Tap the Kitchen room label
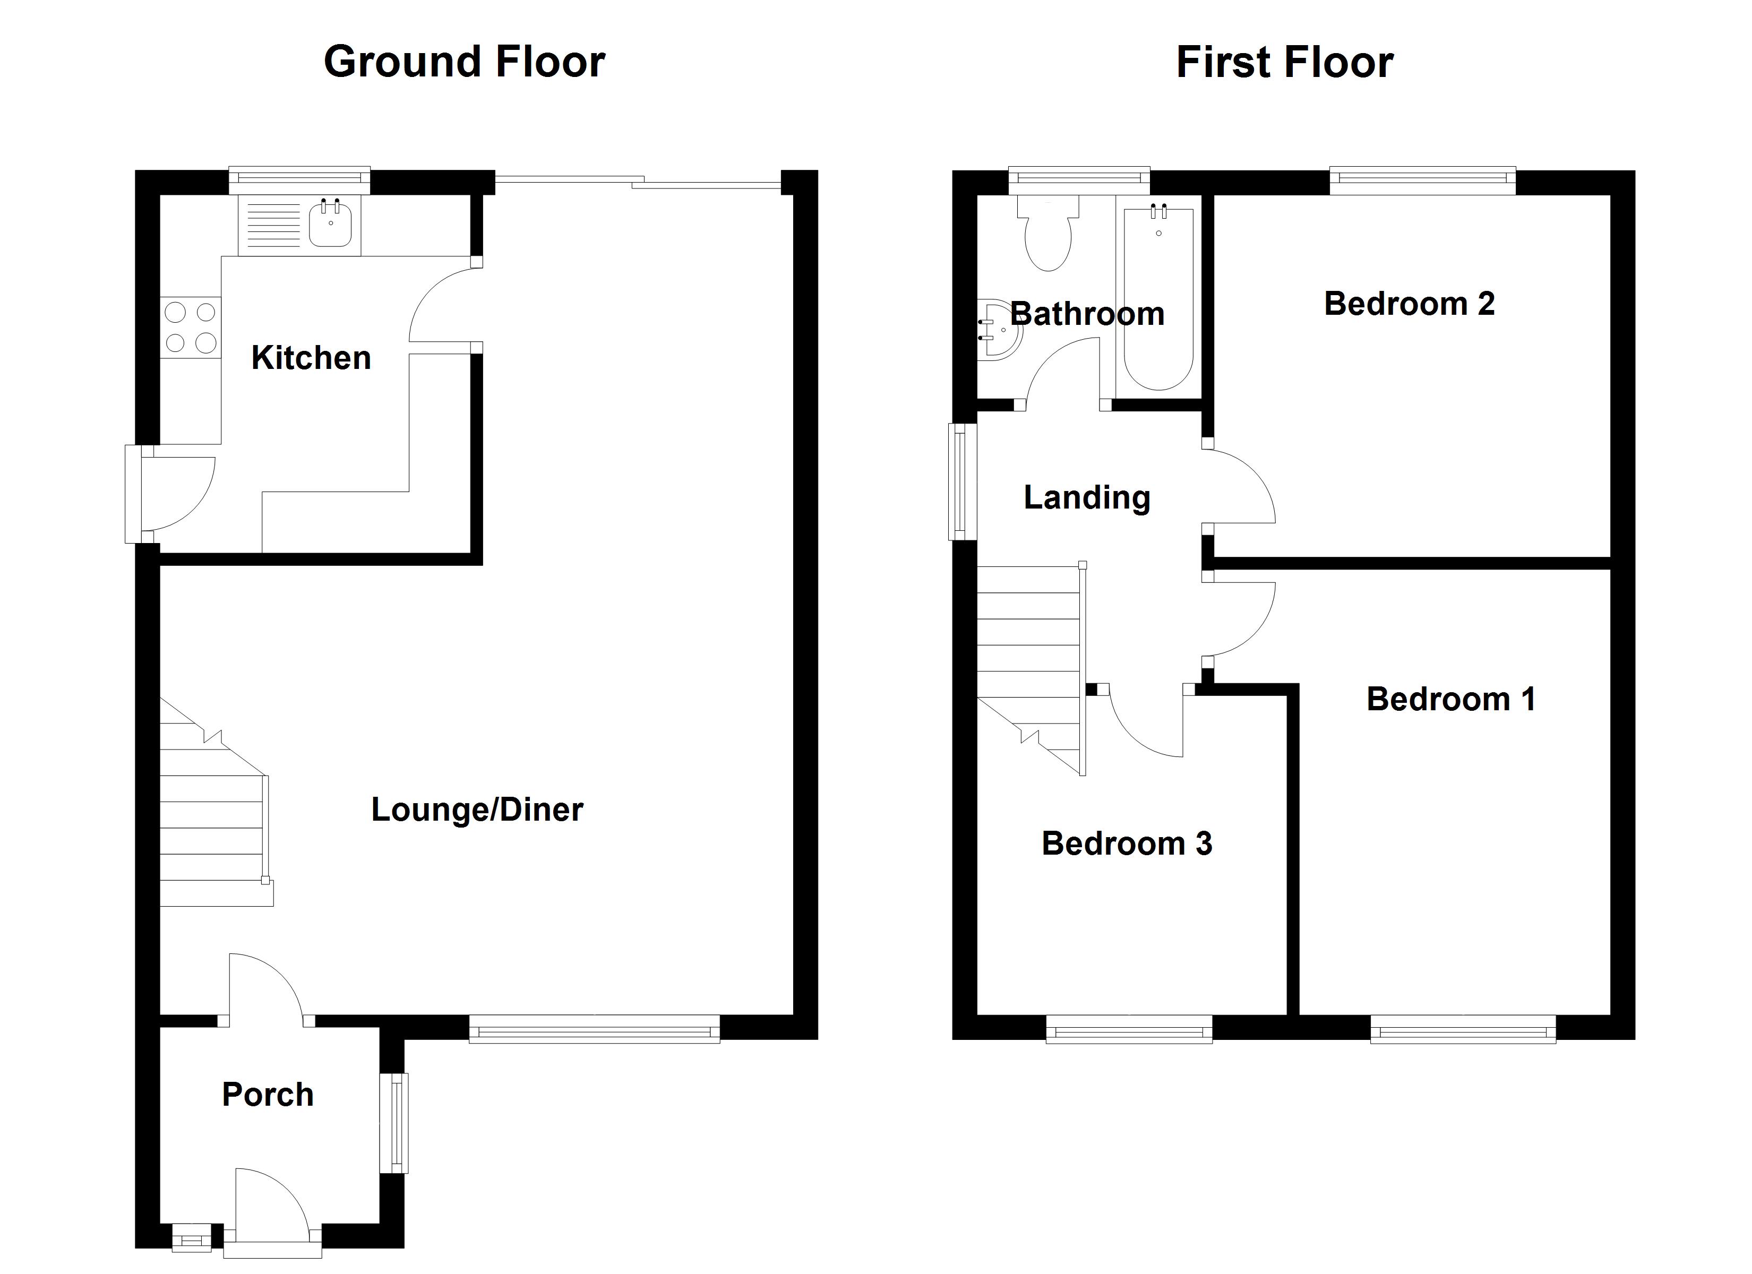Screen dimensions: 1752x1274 [311, 358]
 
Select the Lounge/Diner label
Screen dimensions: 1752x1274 [477, 810]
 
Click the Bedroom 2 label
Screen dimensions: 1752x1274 [1409, 304]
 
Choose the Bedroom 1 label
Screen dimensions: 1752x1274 [1451, 699]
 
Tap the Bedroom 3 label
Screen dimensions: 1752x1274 [1126, 843]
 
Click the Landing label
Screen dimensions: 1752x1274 [1086, 497]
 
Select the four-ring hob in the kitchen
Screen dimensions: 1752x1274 [191, 328]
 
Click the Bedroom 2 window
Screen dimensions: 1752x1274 [1422, 180]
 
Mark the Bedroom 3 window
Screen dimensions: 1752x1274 [1129, 1030]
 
